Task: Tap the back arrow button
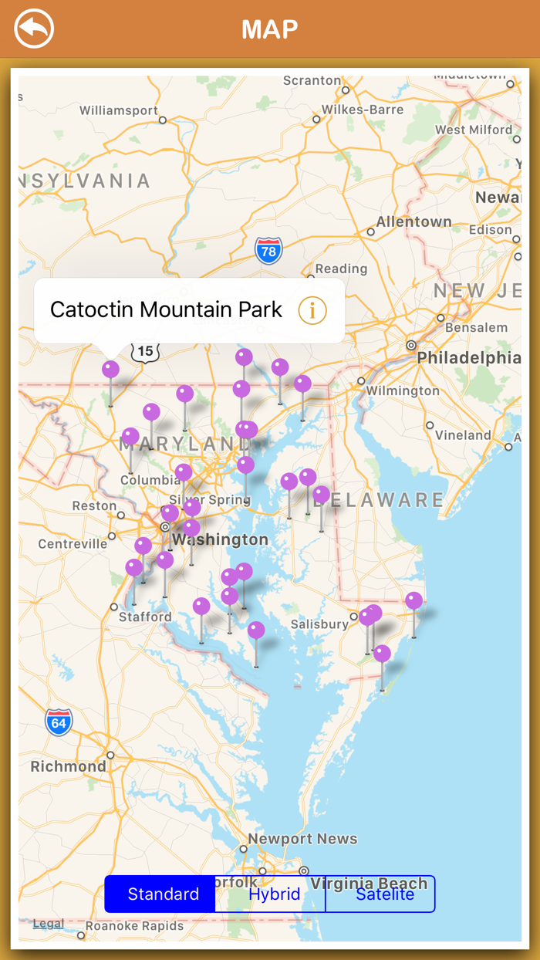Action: (x=34, y=29)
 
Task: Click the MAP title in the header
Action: (x=269, y=29)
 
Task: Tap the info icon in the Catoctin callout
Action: (x=312, y=310)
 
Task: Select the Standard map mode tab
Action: (x=163, y=894)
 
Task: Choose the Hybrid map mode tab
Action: (x=274, y=894)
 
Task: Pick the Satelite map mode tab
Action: (x=384, y=894)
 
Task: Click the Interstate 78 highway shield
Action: (x=268, y=251)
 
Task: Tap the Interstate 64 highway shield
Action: (x=59, y=722)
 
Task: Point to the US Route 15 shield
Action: (x=145, y=352)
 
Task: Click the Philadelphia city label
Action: (x=469, y=358)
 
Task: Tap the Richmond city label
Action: (x=69, y=766)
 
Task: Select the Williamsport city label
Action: (x=119, y=110)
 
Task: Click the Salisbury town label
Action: (x=319, y=624)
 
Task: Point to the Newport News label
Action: (x=302, y=839)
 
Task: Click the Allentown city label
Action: (x=413, y=221)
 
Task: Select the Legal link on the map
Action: (x=49, y=924)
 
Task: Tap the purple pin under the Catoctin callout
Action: (x=111, y=370)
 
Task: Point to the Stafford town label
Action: (x=146, y=617)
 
